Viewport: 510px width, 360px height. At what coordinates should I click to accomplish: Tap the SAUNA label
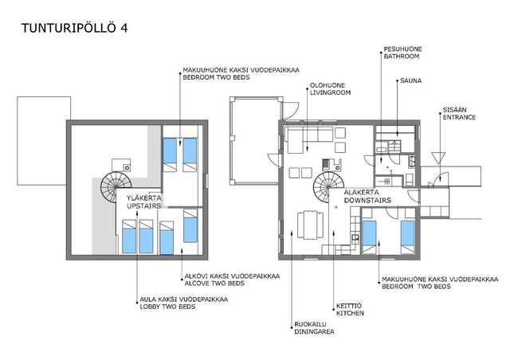410,80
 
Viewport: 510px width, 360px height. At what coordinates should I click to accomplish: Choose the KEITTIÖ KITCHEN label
349,311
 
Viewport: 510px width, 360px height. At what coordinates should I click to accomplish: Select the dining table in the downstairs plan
308,226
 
